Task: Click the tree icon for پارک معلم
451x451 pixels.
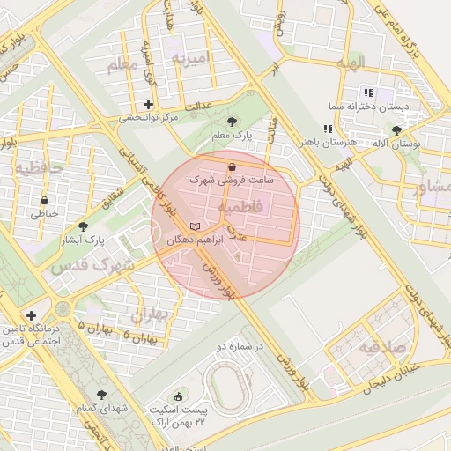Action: pos(232,122)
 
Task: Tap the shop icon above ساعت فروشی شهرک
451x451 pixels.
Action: pos(232,166)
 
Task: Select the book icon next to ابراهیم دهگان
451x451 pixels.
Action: pos(195,226)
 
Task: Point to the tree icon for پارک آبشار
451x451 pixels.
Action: pos(83,226)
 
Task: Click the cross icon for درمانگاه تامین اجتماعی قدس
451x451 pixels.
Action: pos(32,314)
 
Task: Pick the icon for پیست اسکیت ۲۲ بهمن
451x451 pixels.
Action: pos(180,397)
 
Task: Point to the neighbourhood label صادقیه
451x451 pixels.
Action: pos(382,346)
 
